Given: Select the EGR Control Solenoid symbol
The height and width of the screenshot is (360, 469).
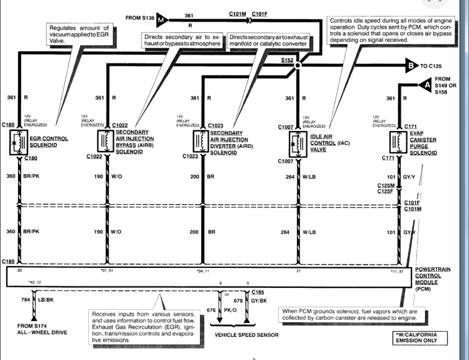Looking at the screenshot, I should point(19,141).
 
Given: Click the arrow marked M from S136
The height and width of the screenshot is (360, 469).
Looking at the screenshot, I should point(161,20).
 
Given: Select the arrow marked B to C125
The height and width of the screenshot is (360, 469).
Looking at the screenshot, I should point(412,65).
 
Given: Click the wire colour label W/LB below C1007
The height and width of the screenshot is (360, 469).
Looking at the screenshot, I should point(309,177).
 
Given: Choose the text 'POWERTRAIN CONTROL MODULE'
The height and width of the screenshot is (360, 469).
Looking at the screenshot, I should point(432,276).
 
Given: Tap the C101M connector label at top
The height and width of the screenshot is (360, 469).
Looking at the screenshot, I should point(237,14).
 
